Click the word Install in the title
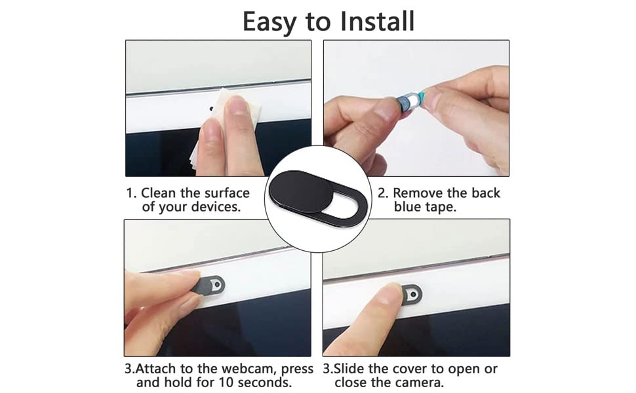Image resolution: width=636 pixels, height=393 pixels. point(377,21)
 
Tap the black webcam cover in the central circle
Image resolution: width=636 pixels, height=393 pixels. point(317,198)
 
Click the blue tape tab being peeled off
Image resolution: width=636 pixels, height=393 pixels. point(422,97)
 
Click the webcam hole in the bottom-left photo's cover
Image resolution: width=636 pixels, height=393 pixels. point(218,285)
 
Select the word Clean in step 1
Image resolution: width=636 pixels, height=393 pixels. point(159,193)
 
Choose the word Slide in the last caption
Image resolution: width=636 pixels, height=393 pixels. point(349,369)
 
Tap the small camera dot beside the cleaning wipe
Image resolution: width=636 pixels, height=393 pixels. point(211,109)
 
